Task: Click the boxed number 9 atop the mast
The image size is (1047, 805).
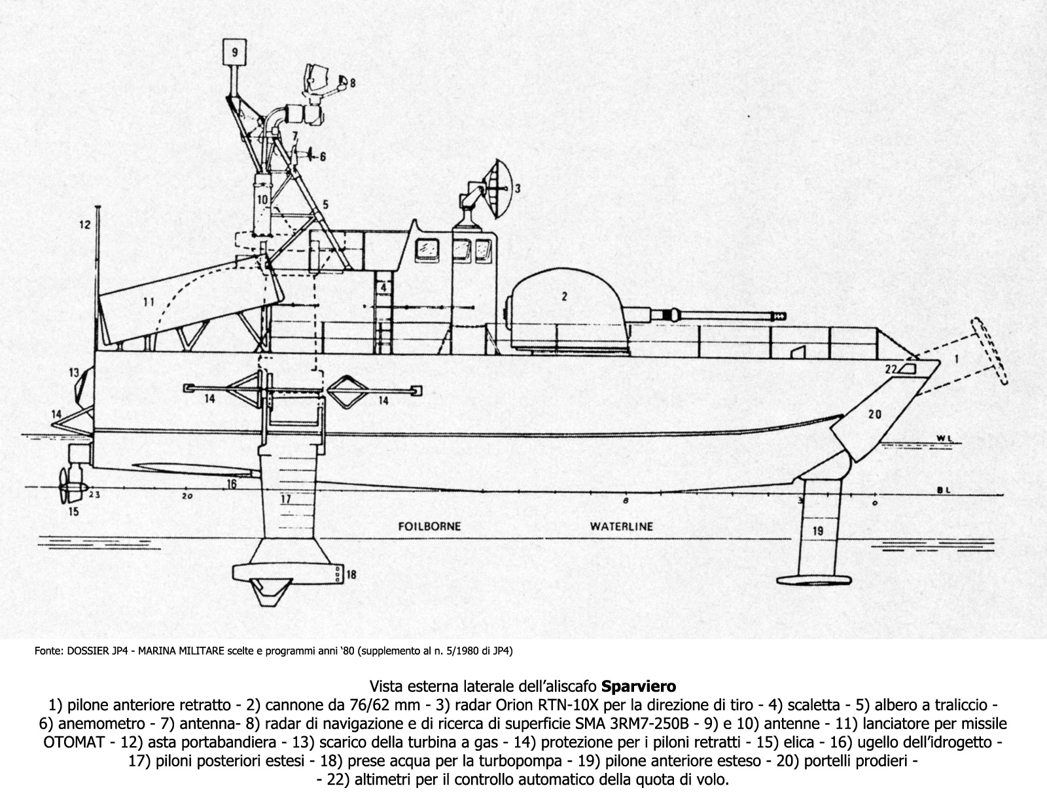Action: [x=234, y=50]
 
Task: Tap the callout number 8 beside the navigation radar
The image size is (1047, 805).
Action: [x=352, y=83]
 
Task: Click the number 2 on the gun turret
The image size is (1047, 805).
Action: [x=563, y=296]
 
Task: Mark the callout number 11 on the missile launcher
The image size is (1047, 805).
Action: [x=149, y=302]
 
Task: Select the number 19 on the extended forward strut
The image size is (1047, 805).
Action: [x=817, y=531]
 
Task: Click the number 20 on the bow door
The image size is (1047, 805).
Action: [x=875, y=414]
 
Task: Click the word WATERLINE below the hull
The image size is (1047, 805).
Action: [x=621, y=526]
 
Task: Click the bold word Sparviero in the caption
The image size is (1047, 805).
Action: [x=639, y=687]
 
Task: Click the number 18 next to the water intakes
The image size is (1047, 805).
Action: [x=351, y=575]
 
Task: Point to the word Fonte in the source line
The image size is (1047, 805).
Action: [x=47, y=651]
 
